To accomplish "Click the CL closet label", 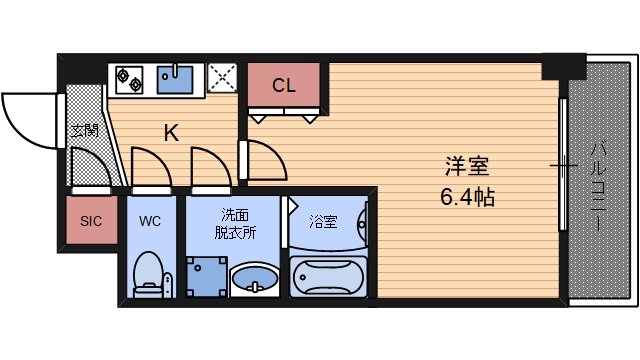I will pos(283,85).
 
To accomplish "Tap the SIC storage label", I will pos(91,222).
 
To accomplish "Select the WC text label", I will pos(150,221).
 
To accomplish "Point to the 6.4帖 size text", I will pos(467,196).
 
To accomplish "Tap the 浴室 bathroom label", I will pos(322,221).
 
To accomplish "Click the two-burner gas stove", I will pos(129,76).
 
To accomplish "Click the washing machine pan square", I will pos(205,276).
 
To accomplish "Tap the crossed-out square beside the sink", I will pos(222,77).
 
